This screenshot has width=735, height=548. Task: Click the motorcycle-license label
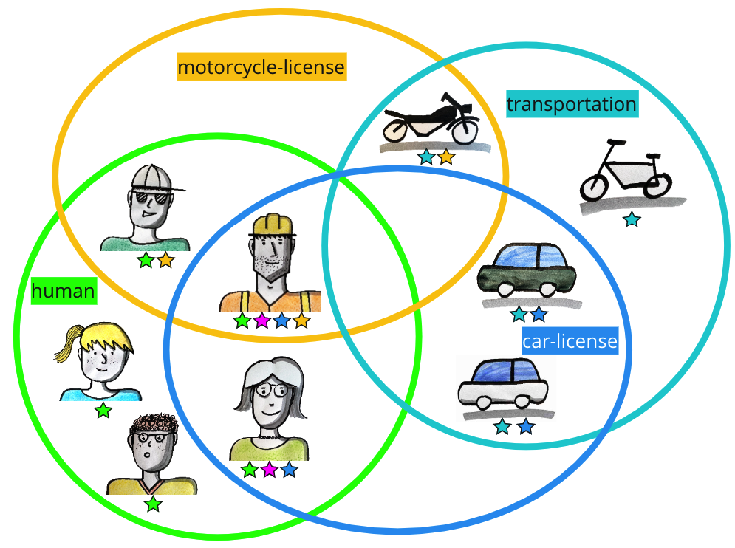tap(261, 68)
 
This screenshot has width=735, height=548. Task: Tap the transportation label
tap(571, 104)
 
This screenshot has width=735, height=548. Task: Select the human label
tap(64, 292)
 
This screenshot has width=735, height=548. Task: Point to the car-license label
tap(569, 342)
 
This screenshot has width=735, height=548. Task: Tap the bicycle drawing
tap(626, 172)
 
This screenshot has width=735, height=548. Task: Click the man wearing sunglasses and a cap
tap(147, 207)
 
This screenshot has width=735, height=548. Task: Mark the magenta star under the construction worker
tap(261, 321)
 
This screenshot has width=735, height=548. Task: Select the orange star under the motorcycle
tap(445, 157)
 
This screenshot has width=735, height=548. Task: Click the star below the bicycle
tap(631, 219)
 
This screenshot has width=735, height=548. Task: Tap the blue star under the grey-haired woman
tap(290, 470)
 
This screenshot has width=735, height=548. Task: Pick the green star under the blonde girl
tap(103, 411)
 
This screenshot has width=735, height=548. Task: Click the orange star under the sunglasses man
tap(165, 260)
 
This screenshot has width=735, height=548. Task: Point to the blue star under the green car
tap(539, 315)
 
